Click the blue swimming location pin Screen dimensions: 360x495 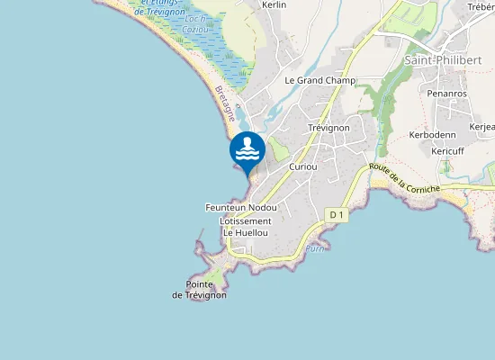coord(247,151)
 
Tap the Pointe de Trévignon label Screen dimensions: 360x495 coord(199,290)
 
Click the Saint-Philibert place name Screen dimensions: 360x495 coord(442,60)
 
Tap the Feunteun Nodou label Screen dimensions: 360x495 coord(240,208)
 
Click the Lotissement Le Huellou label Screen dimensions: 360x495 coord(245,227)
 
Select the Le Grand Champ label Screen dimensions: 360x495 coord(319,80)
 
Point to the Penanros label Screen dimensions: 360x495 coord(445,93)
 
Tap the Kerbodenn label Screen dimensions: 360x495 coord(433,134)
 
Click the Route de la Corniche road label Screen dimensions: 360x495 coord(404,179)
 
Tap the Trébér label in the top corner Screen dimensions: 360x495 coord(481,7)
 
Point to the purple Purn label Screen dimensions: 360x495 coord(313,248)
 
